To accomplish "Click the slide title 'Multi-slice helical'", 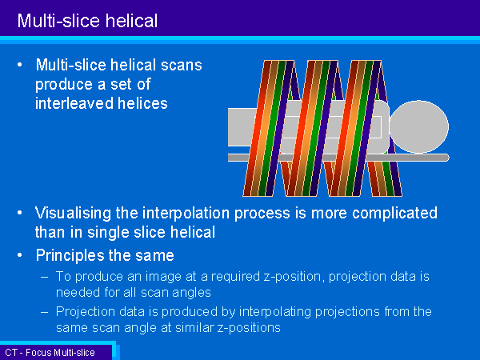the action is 87,21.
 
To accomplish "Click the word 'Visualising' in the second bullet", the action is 73,214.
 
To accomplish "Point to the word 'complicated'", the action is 394,214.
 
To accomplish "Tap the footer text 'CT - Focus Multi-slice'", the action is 50,353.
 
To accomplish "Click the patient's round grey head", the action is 418,126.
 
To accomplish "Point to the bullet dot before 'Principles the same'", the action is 20,255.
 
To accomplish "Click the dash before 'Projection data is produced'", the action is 45,312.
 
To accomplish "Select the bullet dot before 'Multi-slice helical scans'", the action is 20,65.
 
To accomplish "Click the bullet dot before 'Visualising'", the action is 20,213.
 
